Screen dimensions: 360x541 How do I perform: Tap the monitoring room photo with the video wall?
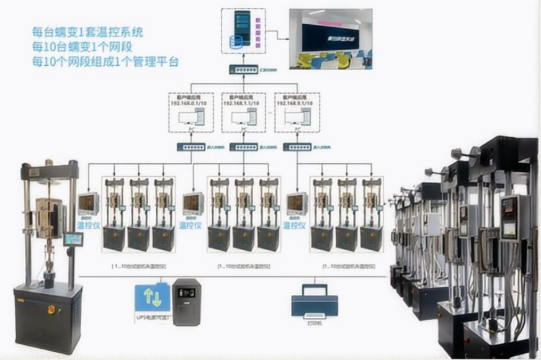331,38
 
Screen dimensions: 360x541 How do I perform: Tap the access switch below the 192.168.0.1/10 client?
190,147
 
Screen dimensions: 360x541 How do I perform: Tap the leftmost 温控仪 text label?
88,223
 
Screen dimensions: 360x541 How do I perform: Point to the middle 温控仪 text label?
192,223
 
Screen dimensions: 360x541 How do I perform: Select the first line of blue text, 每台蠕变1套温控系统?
92,32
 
